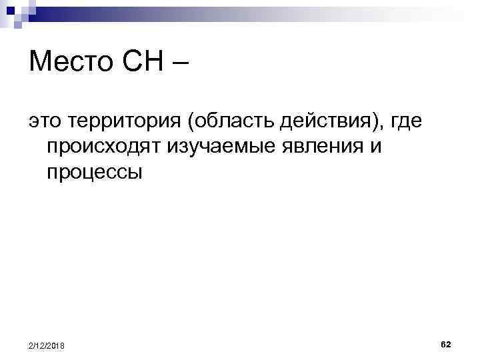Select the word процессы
point(94,173)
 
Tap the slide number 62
point(446,343)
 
